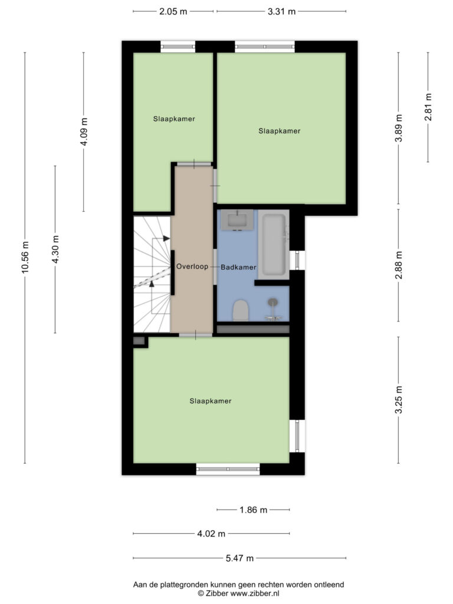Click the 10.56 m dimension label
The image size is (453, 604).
pyautogui.click(x=25, y=257)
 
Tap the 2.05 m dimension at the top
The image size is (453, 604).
pyautogui.click(x=173, y=12)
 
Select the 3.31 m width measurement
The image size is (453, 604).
pyautogui.click(x=281, y=12)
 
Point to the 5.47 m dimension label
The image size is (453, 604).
pyautogui.click(x=239, y=558)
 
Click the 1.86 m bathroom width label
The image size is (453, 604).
pyautogui.click(x=253, y=510)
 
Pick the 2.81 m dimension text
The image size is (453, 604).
pyautogui.click(x=428, y=107)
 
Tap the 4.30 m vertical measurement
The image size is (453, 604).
pyautogui.click(x=55, y=250)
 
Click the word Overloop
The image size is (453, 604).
pyautogui.click(x=192, y=267)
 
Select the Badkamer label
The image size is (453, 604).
pyautogui.click(x=238, y=267)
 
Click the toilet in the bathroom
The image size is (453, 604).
pyautogui.click(x=241, y=310)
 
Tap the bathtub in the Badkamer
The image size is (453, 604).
pyautogui.click(x=274, y=245)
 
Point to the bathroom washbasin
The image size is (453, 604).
pyautogui.click(x=237, y=221)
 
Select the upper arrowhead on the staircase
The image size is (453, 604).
pyautogui.click(x=166, y=238)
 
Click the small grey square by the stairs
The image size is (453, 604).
pyautogui.click(x=139, y=341)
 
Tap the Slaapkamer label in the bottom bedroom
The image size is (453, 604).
pyautogui.click(x=211, y=401)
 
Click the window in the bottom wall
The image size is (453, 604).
pyautogui.click(x=228, y=469)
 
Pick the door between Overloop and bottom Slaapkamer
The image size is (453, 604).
pyautogui.click(x=195, y=335)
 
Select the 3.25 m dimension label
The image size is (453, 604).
pyautogui.click(x=399, y=400)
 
